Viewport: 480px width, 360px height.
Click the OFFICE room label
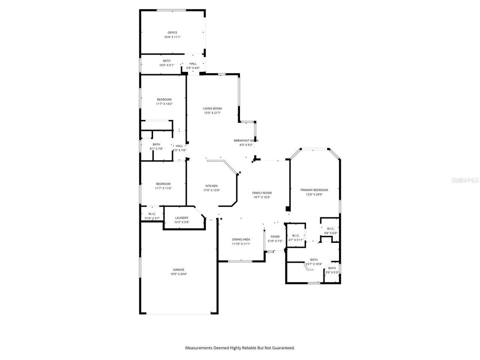172,33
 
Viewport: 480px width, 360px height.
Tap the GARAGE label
178,270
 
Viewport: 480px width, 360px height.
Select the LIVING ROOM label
213,108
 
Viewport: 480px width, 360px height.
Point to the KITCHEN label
211,186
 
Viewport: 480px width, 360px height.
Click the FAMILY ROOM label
262,193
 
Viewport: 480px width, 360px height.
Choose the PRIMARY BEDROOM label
314,190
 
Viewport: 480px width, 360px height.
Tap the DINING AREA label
241,239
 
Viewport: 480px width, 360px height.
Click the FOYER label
275,237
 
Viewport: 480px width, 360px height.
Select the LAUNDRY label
181,218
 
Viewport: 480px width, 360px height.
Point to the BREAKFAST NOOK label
246,140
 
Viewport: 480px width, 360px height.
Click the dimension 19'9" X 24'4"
178,274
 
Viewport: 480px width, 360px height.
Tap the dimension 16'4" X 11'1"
172,37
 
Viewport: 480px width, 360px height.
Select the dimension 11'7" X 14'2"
164,103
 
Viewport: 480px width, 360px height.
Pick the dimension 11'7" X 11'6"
163,188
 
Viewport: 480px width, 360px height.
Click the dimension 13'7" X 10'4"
314,264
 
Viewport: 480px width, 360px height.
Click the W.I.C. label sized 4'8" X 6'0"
331,228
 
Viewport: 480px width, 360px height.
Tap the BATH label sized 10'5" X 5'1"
166,61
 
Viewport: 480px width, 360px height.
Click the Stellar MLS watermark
465,180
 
